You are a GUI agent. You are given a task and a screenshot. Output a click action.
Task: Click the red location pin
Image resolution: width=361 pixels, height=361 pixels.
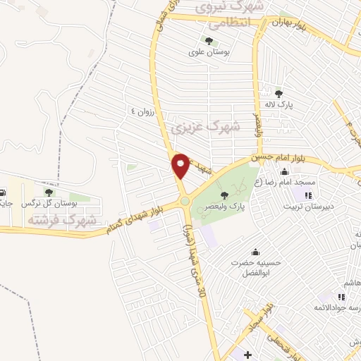point(180,165)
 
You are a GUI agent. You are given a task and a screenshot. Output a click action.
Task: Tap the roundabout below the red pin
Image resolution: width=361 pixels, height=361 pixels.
point(185,201)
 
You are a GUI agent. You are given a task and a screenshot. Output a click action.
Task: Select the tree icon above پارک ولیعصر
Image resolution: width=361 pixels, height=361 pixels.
point(225,195)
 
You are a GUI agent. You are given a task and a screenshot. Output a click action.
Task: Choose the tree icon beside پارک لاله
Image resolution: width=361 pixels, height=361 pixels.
point(279,93)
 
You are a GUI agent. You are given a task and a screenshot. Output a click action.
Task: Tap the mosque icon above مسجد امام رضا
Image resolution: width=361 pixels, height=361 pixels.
point(284,172)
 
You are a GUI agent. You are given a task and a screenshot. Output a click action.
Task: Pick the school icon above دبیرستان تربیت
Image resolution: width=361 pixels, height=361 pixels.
point(308,195)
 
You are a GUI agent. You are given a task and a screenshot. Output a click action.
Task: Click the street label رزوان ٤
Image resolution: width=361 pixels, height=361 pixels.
point(141,111)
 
